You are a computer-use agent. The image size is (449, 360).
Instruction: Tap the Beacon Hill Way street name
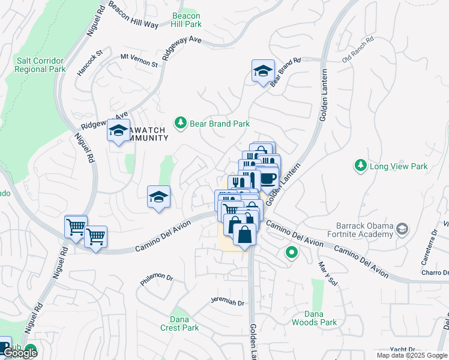(133, 16)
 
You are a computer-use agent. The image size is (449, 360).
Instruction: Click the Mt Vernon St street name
(139, 60)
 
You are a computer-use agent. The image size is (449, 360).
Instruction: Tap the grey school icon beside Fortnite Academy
(402, 229)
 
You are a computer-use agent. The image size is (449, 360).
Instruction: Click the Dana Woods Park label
(314, 318)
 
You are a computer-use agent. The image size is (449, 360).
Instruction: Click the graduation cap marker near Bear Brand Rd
(263, 71)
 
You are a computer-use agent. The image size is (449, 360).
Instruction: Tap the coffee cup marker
(268, 178)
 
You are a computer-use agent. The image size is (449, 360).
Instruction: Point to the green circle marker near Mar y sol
(292, 253)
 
